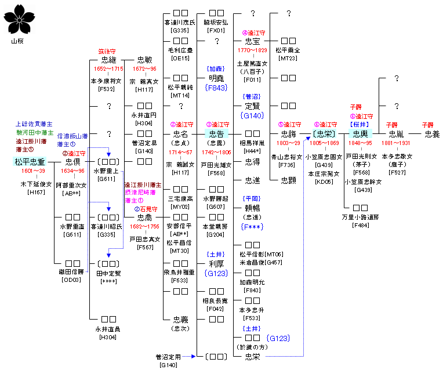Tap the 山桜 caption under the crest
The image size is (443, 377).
18,41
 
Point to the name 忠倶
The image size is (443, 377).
72,162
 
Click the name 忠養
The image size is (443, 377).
432,134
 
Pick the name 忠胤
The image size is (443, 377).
397,134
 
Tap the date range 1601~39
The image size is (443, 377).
33,171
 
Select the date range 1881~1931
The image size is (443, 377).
397,143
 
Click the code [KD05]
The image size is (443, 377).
324,182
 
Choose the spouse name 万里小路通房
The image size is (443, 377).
360,217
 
